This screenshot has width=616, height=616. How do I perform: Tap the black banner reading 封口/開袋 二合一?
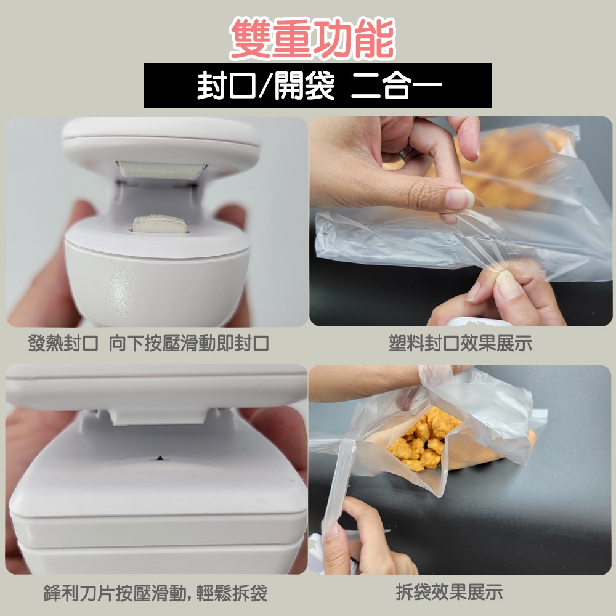coord(317,85)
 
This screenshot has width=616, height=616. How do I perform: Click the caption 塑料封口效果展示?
coord(460,343)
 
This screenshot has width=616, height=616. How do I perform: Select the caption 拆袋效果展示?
coord(449,592)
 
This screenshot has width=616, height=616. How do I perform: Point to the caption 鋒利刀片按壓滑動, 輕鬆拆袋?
coord(156,593)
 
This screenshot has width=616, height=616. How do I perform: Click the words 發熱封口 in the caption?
coord(63,343)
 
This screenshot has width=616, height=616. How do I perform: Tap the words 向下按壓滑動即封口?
coord(188,343)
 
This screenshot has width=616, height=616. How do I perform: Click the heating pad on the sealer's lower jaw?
coord(160,224)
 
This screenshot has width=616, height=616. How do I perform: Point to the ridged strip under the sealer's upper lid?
coord(161,171)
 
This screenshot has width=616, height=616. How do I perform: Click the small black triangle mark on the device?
coord(160,458)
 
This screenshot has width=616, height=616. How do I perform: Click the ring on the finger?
coord(406,152)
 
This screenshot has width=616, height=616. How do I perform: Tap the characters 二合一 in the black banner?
coord(396,85)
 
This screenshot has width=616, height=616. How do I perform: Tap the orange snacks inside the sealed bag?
coord(507,169)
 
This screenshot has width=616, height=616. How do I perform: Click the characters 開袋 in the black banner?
coord(304,85)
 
